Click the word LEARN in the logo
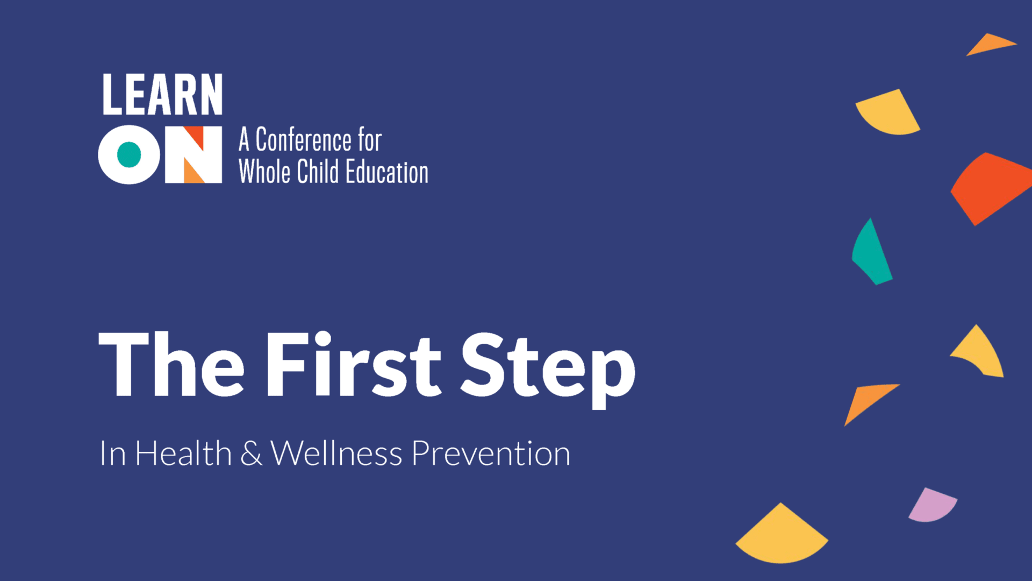162,94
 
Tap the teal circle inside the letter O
129,154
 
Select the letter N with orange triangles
193,155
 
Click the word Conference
304,140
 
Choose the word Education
387,172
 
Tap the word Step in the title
548,370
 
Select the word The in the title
171,364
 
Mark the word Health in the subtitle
183,453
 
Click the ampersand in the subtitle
251,453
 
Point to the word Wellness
336,453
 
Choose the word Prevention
491,453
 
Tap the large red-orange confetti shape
990,188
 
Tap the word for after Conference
370,140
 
